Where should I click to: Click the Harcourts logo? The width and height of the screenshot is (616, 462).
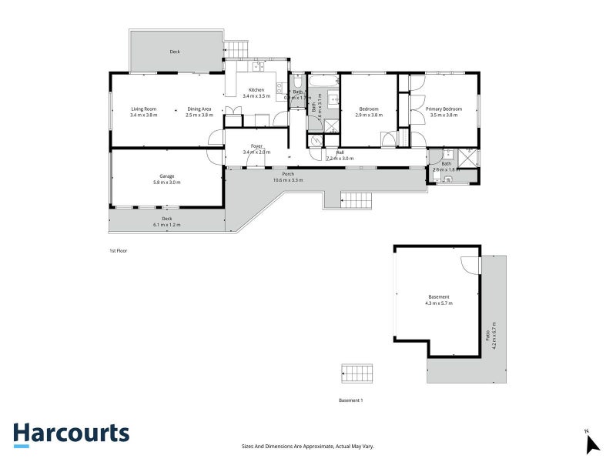71,434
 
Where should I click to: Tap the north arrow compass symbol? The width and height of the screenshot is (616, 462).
591,443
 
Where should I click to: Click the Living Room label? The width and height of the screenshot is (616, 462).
143,109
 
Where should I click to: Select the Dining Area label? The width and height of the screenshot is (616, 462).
199,109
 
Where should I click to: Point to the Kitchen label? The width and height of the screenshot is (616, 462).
256,90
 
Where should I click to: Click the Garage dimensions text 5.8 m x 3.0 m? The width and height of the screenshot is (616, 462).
166,182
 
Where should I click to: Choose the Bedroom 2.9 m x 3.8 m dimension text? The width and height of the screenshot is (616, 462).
370,115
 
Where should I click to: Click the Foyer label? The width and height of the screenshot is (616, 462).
256,146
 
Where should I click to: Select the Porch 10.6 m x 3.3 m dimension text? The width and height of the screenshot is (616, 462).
288,179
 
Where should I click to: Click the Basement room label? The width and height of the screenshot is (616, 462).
439,296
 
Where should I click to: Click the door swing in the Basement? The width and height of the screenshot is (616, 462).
469,264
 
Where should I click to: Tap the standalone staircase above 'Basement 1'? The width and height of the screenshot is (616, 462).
357,373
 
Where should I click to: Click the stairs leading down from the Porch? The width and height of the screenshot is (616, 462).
357,201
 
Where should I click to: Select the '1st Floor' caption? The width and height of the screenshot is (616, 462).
118,251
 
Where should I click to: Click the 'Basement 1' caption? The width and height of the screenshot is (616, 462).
350,400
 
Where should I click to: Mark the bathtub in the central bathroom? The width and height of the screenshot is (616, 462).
324,80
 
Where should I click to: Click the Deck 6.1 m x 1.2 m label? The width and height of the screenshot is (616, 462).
166,222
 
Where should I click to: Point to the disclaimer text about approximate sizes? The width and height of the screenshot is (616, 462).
308,447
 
